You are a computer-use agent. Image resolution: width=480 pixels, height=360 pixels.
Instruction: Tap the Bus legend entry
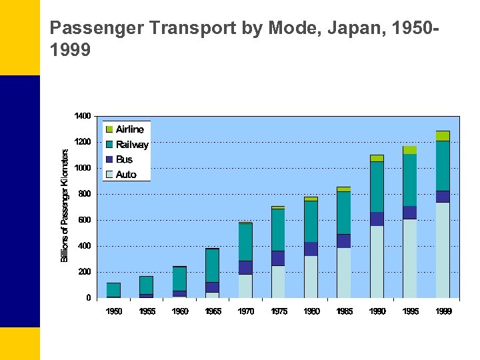point(124,159)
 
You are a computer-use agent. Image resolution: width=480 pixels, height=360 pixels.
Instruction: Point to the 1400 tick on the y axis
point(83,116)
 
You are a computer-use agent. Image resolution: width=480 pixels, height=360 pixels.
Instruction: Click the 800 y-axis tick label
point(84,194)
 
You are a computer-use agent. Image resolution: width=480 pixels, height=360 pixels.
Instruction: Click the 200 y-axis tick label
point(84,272)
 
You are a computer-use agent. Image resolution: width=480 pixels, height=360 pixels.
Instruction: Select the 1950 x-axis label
point(114,311)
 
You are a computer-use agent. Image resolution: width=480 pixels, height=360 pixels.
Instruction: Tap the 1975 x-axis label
point(279,311)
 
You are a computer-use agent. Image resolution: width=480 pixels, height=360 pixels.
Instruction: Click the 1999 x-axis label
point(443,311)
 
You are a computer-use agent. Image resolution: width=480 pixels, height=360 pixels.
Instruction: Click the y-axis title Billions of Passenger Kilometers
point(65,205)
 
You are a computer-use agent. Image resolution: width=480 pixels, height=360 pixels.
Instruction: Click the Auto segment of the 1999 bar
point(443,250)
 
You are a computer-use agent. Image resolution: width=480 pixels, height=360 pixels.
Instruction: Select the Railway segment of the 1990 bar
point(377,187)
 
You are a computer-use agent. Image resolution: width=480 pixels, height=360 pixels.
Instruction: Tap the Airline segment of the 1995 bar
point(409,150)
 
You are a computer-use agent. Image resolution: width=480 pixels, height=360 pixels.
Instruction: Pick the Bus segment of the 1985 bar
point(344,241)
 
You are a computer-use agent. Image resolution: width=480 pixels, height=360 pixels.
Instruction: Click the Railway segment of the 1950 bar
point(114,289)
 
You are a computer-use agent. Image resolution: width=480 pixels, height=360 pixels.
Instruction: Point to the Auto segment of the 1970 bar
point(245,286)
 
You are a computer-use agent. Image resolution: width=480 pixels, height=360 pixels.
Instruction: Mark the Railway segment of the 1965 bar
point(213,265)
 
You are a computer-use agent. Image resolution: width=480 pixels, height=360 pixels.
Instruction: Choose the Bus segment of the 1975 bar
point(278,258)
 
